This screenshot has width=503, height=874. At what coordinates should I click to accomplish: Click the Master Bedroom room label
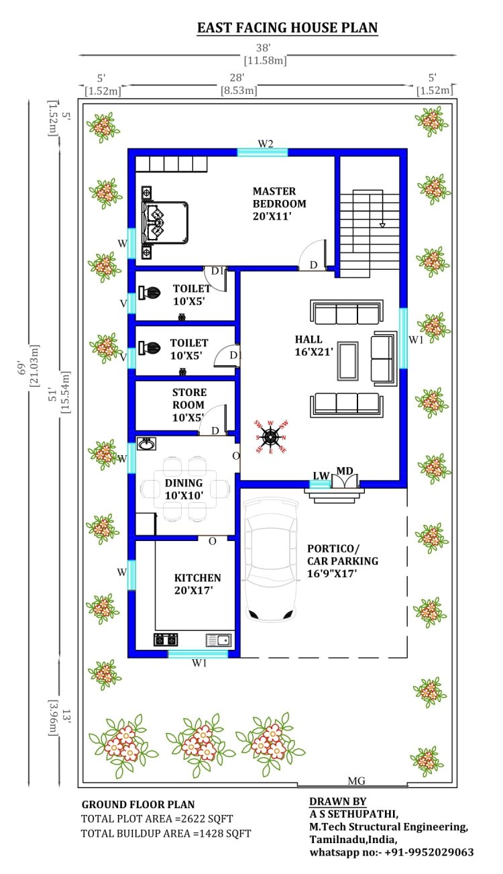point(279,203)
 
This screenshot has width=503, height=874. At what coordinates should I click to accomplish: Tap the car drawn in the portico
point(272,559)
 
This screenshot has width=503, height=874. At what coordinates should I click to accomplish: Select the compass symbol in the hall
point(270,437)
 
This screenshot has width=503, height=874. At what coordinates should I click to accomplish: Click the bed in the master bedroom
point(164,223)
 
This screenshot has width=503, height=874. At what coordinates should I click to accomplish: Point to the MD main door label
point(344,471)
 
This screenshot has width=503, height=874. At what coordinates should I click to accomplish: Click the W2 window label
point(266,144)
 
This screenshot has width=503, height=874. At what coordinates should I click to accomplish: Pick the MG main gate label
point(356,781)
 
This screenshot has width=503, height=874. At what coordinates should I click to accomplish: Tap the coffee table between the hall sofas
point(347,361)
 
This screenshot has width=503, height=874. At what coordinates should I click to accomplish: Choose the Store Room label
point(189,405)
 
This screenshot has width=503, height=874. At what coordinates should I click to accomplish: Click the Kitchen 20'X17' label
point(197,584)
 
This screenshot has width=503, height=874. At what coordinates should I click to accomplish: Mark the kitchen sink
point(219,640)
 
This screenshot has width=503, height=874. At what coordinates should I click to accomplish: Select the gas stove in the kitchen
point(166,640)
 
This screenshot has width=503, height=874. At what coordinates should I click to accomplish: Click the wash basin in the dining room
point(147,444)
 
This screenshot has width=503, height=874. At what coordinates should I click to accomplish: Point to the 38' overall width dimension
point(264,48)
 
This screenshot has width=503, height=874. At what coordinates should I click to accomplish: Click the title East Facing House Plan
point(287,28)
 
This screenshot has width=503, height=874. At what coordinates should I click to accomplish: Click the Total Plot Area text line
point(157,818)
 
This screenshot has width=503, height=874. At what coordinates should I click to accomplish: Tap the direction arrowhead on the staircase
point(382,225)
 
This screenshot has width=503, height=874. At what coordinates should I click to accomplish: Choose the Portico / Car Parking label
point(343,561)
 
